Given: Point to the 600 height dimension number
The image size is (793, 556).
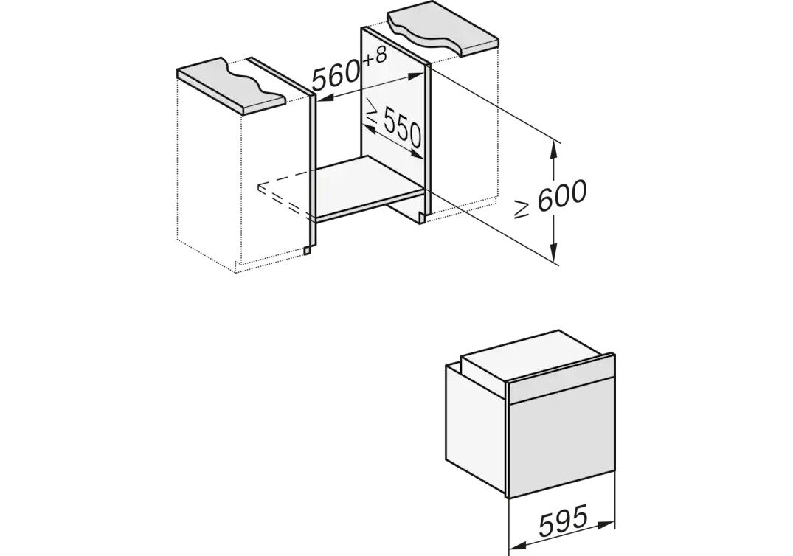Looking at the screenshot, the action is click(562, 195).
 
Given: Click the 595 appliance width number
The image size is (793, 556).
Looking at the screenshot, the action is click(564, 521).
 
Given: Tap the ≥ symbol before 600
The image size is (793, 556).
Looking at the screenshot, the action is click(522, 209).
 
